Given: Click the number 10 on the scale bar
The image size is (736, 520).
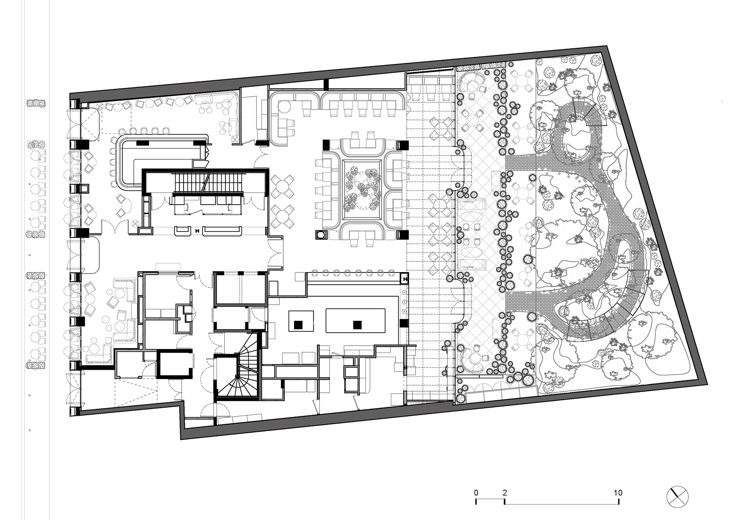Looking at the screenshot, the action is (618, 493).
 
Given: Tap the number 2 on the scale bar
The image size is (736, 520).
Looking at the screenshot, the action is (504, 493).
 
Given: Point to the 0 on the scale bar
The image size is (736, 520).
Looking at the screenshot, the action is (476, 493).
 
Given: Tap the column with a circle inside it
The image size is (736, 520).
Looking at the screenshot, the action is (320, 235).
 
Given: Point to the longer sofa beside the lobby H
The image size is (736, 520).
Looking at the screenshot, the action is (222, 231).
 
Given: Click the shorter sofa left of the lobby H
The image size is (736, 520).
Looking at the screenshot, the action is (183, 231).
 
